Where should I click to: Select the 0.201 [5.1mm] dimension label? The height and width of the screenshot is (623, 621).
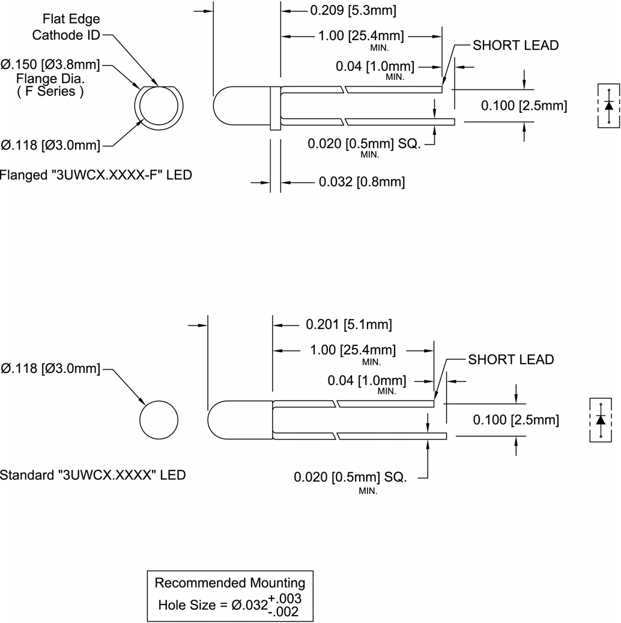348,324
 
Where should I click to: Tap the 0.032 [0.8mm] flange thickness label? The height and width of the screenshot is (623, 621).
361,181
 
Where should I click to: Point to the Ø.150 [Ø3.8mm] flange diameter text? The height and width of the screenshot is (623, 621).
50,64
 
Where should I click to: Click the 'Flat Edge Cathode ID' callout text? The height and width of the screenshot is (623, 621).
66,27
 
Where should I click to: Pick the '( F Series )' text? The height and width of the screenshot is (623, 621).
50,91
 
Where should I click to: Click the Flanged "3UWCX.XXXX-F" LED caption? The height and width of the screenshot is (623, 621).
96,175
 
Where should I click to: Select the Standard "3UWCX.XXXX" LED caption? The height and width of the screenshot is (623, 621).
92,475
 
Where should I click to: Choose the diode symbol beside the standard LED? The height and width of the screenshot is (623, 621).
601,419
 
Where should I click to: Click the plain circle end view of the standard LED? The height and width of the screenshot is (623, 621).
159,419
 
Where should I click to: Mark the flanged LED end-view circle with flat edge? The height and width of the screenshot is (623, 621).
158,108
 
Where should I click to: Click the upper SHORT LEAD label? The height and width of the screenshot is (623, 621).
515,45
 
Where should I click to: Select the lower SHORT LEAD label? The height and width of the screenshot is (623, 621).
510,359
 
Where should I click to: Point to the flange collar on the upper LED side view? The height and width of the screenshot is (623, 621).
275,107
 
